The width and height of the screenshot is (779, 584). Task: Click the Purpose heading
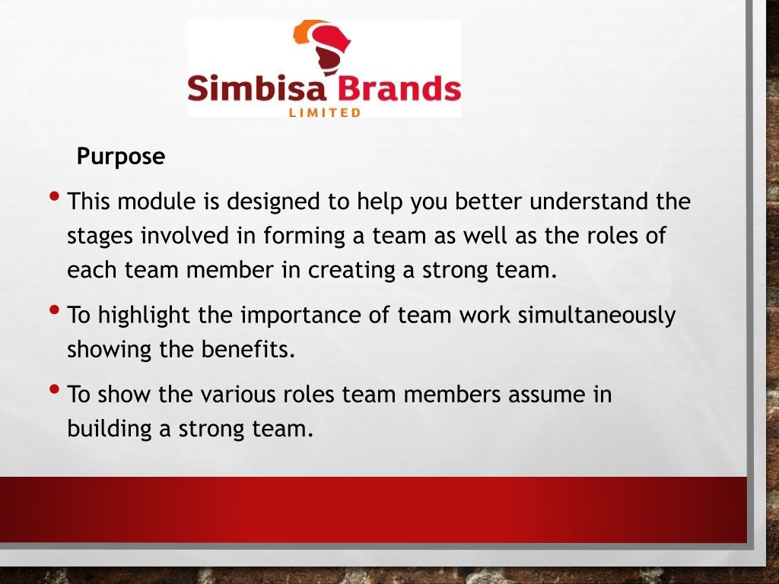[x=121, y=157]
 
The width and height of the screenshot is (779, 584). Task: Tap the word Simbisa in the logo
[x=257, y=88]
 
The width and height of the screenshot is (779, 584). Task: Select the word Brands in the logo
[x=399, y=88]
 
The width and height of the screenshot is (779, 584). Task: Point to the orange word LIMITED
[x=324, y=113]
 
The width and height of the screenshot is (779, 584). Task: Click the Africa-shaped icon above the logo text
[x=323, y=47]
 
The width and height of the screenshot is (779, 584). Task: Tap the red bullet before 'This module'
[x=55, y=196]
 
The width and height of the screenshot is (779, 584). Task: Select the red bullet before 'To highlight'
[x=55, y=310]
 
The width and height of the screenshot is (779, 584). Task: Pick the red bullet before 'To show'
[x=55, y=389]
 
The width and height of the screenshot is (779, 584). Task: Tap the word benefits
[x=248, y=350]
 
